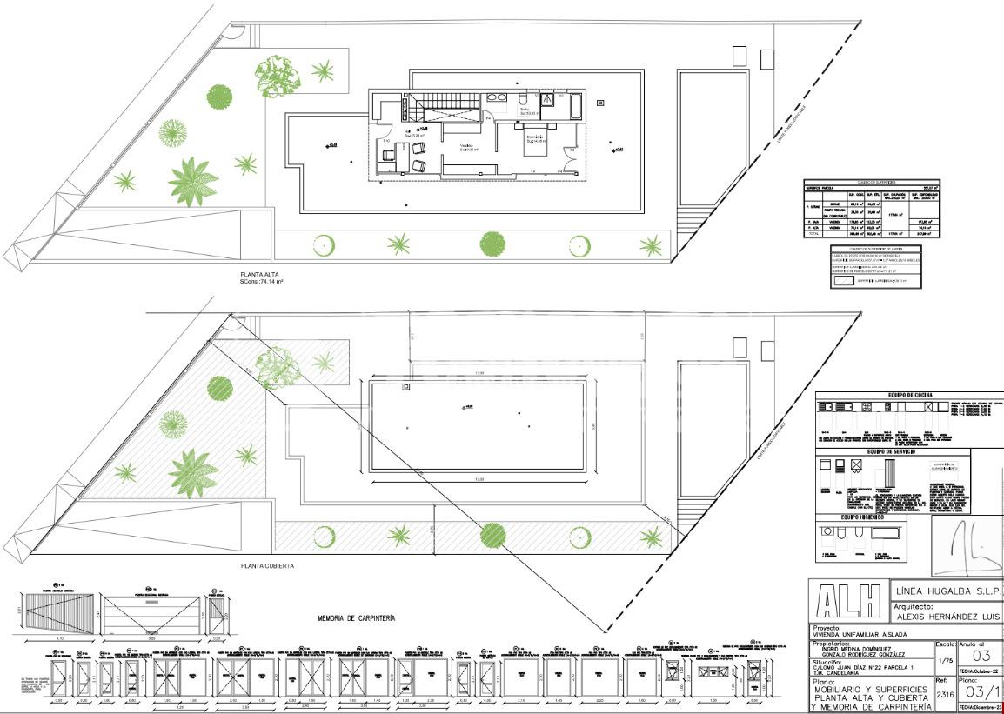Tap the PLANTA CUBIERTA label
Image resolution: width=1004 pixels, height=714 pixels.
click(x=268, y=566)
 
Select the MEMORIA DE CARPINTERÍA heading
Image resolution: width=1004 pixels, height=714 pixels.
click(x=356, y=617)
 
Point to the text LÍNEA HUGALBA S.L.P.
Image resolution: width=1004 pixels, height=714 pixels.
click(x=947, y=591)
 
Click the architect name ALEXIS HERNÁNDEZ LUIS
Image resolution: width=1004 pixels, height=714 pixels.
click(x=947, y=615)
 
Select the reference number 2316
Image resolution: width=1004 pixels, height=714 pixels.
click(x=944, y=695)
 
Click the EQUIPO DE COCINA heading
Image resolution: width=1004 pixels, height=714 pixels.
click(x=909, y=397)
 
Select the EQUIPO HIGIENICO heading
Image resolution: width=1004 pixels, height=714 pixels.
click(x=862, y=517)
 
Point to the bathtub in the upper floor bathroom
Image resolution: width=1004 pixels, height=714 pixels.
click(x=576, y=105)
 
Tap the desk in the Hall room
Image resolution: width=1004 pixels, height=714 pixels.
click(x=388, y=157)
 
